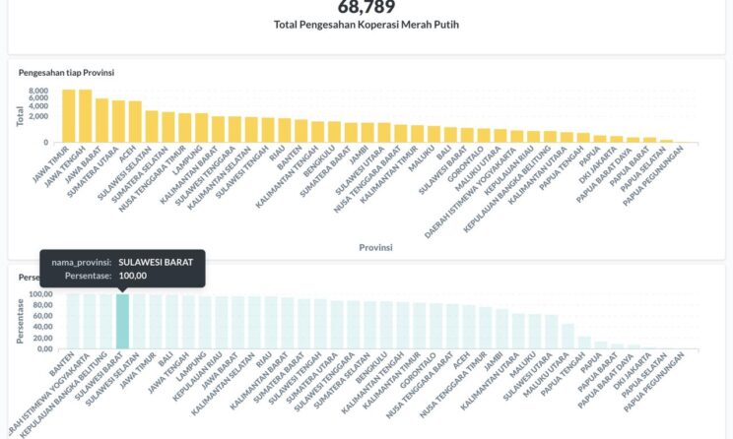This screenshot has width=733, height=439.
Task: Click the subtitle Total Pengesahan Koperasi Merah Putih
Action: pos(366,24)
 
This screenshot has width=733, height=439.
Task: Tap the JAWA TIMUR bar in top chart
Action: pos(69,116)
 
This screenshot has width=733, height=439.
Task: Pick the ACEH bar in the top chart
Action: pos(135,122)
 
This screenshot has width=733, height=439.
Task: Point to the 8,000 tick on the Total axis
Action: pos(38,91)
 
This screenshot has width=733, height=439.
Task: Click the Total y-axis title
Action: pos(20,116)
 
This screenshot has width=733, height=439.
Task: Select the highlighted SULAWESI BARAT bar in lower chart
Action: pos(122,321)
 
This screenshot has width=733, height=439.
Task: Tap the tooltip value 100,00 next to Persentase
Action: pos(132,277)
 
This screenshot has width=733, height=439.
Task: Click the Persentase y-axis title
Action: pos(20,321)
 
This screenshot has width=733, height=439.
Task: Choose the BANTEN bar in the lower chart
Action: pos(73,321)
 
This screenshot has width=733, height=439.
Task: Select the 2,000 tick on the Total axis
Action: pos(38,116)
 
